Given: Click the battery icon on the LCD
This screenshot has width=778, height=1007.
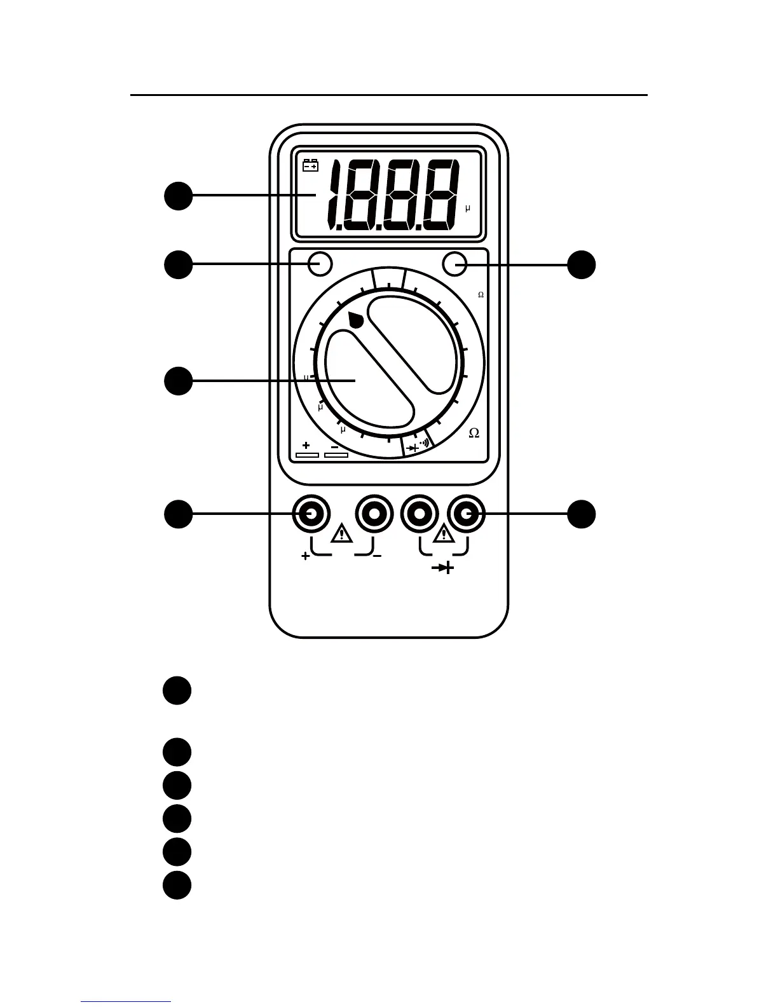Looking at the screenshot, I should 310,165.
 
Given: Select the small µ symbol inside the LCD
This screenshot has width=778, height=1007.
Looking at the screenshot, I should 468,209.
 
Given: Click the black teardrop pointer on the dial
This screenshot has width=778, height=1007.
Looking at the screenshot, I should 356,320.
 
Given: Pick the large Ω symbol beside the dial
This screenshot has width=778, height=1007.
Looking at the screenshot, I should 474,433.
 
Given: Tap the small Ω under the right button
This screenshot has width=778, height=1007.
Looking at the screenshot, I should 481,295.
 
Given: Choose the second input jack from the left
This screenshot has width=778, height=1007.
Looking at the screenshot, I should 374,514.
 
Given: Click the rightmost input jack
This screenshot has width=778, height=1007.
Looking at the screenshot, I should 466,514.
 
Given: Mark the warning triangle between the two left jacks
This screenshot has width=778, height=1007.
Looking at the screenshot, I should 342,533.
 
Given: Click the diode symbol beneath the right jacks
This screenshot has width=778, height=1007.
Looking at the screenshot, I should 443,568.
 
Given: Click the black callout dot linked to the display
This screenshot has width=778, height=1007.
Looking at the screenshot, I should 179,196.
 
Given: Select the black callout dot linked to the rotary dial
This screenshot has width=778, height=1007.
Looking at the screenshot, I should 179,381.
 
